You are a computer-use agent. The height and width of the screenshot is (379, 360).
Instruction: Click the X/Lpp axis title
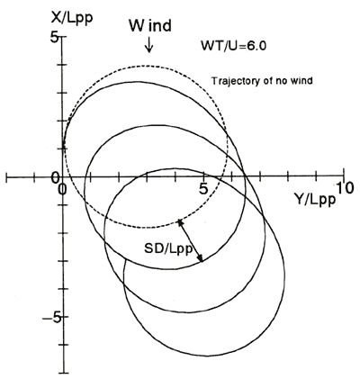click(72, 17)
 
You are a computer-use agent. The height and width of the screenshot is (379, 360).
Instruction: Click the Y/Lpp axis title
click(314, 199)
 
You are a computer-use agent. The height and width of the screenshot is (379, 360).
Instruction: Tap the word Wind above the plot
click(150, 25)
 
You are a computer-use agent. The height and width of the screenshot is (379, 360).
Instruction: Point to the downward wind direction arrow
click(149, 45)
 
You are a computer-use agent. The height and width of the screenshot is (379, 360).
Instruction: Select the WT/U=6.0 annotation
click(233, 46)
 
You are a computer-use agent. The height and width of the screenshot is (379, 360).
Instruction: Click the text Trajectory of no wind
click(262, 81)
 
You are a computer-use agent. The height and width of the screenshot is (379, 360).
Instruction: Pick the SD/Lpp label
click(168, 248)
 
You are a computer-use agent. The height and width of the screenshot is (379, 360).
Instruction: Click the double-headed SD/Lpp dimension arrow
click(190, 240)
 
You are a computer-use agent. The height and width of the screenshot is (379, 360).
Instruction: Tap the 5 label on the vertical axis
click(54, 39)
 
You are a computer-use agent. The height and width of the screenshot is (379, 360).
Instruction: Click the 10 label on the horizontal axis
click(345, 188)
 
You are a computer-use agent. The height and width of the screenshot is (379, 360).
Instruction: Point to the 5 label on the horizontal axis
click(203, 189)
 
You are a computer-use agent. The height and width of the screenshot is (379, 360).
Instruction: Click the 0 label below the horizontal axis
click(62, 189)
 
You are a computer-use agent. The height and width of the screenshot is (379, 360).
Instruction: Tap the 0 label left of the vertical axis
click(55, 178)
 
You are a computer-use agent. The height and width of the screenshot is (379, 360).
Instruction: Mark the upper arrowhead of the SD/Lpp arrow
click(180, 223)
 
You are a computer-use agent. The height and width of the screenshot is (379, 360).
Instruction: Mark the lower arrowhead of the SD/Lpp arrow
click(201, 257)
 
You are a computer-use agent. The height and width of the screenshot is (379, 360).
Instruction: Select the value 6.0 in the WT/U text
click(257, 46)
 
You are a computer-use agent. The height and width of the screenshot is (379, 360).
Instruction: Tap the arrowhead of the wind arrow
click(149, 50)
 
